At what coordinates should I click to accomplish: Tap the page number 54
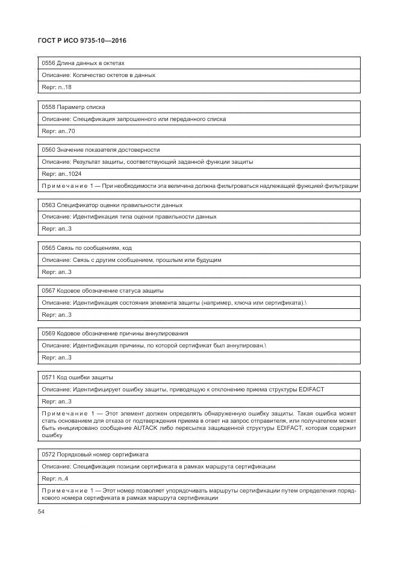pyautogui.click(x=42, y=512)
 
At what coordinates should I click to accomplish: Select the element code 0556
pyautogui.click(x=48, y=63)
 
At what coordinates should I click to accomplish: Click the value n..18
pyautogui.click(x=65, y=87)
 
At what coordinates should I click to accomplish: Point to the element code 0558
pyautogui.click(x=48, y=107)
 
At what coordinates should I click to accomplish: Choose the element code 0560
pyautogui.click(x=48, y=149)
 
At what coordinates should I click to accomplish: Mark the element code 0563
pyautogui.click(x=48, y=205)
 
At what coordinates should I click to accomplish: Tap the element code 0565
pyautogui.click(x=48, y=247)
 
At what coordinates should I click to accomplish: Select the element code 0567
pyautogui.click(x=48, y=290)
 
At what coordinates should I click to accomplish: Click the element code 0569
pyautogui.click(x=48, y=333)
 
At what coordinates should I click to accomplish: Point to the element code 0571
pyautogui.click(x=48, y=377)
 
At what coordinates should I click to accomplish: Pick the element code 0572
pyautogui.click(x=48, y=454)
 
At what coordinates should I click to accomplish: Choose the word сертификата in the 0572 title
pyautogui.click(x=131, y=454)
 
